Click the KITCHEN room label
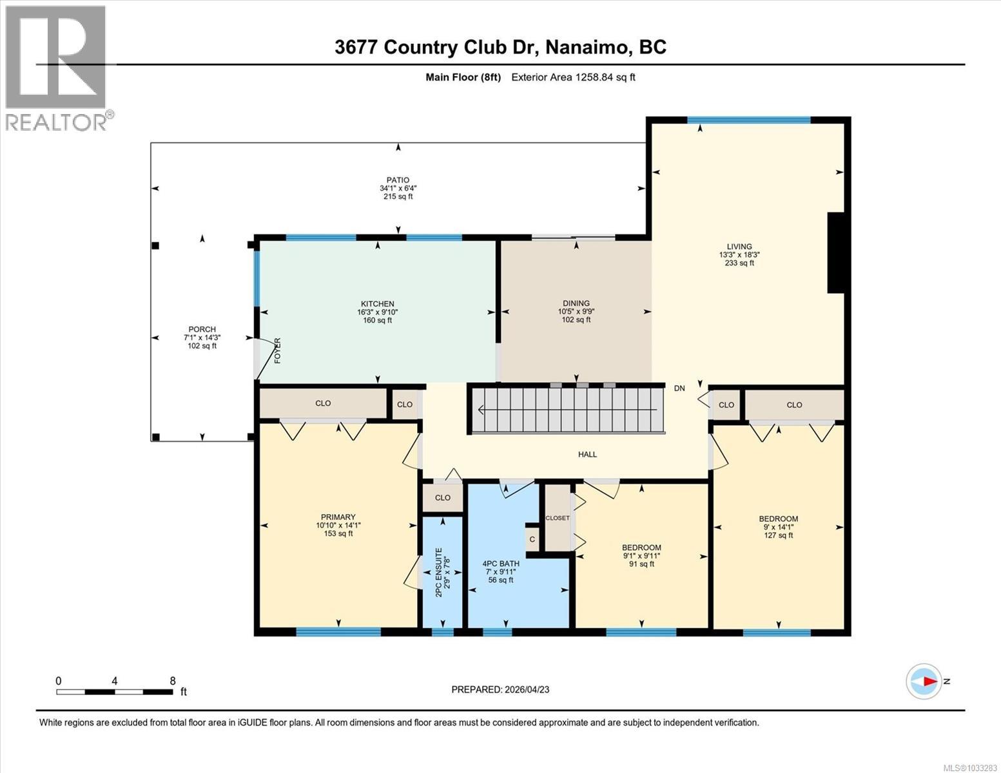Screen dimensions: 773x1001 (x=377, y=304)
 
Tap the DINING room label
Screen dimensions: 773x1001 (x=576, y=303)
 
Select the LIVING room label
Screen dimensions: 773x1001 (x=739, y=247)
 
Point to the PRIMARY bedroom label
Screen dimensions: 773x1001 (x=338, y=517)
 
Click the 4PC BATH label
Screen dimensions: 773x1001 (x=501, y=564)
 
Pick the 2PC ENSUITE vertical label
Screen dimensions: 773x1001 (x=439, y=571)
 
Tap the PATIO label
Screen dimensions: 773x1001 (x=398, y=180)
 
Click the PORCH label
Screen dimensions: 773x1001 (x=202, y=330)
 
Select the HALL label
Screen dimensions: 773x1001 (x=587, y=455)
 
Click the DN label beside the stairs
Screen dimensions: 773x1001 (x=679, y=388)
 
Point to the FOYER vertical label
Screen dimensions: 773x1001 (x=278, y=350)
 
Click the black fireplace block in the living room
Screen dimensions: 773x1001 (x=835, y=253)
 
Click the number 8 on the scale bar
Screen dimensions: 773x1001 (x=172, y=681)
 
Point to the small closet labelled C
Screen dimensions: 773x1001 (x=532, y=540)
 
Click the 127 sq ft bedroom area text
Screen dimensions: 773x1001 (x=778, y=535)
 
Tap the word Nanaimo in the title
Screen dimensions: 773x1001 (x=589, y=47)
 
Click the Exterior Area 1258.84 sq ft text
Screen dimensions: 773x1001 (x=573, y=77)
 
